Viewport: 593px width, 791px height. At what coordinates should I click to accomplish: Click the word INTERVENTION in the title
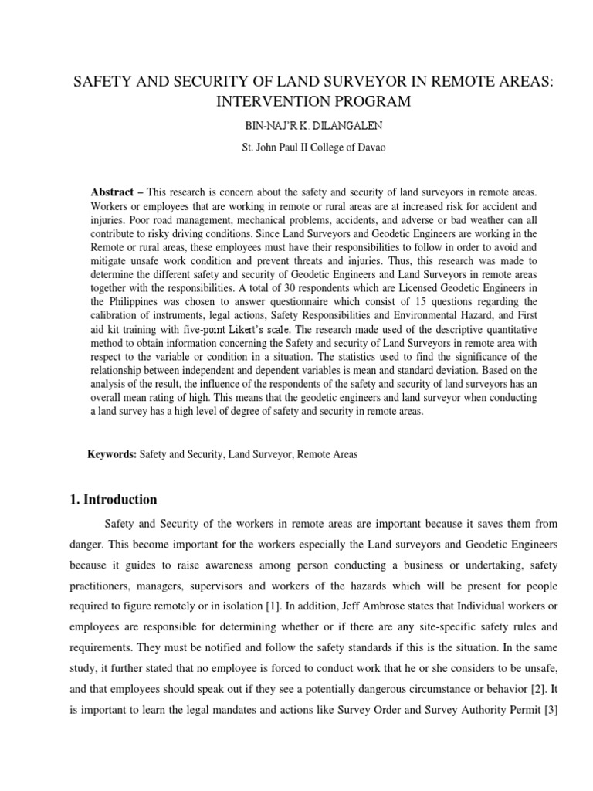263,101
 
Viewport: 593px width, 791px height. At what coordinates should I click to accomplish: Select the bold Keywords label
112,454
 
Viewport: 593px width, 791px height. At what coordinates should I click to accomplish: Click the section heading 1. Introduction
114,499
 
